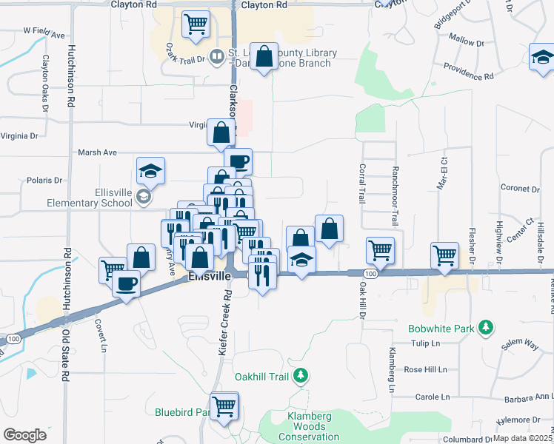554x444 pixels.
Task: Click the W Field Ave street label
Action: [x=44, y=32]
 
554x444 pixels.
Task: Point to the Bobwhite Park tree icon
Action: [x=486, y=326]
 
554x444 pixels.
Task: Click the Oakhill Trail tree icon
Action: [x=301, y=377]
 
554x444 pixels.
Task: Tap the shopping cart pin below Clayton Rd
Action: [x=196, y=24]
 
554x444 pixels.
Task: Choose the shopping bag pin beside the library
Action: [x=264, y=56]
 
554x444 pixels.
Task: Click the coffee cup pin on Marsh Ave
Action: [x=238, y=161]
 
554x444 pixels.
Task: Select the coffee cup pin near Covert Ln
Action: [x=127, y=283]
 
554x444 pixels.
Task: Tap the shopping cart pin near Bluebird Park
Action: [x=224, y=405]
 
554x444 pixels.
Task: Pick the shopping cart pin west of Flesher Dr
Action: [x=444, y=255]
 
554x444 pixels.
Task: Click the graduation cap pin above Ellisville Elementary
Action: [x=150, y=171]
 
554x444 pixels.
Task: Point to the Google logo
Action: [x=24, y=435]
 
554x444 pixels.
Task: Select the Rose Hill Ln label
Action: [x=425, y=369]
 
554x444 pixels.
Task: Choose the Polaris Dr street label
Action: [x=43, y=180]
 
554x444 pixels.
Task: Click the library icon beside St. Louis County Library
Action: [x=216, y=55]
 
